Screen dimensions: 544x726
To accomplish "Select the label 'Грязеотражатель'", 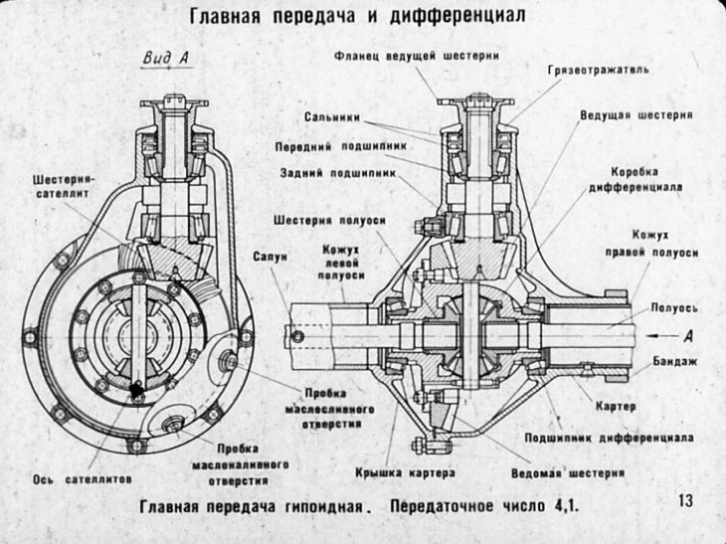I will [x=598, y=71].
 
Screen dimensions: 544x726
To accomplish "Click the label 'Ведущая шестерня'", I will [x=635, y=115].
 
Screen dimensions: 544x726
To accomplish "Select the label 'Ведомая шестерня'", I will [x=567, y=471].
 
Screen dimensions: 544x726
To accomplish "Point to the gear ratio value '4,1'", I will [x=564, y=505].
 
